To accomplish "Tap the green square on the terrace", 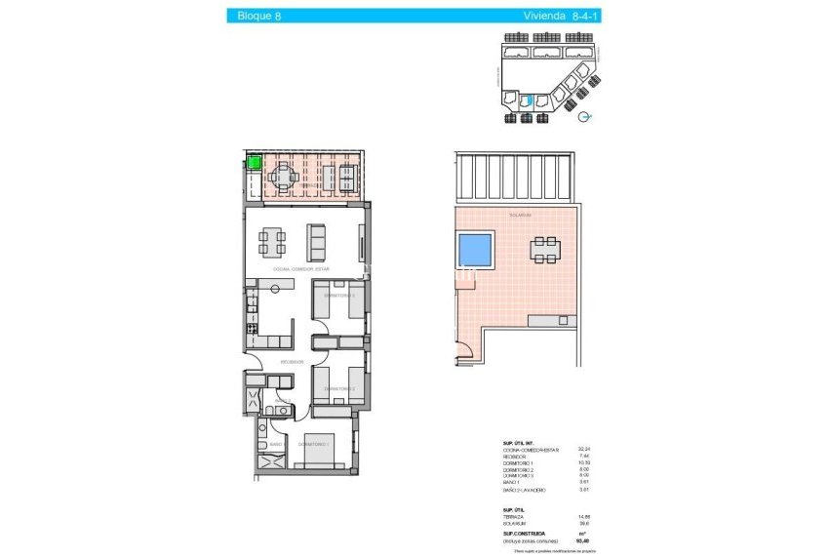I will (x=255, y=164).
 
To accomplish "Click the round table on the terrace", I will (x=284, y=178).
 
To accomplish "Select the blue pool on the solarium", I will (x=475, y=250).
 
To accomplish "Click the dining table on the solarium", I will (x=545, y=249).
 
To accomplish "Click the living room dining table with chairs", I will (x=273, y=239).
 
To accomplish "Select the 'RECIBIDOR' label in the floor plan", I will (x=292, y=362).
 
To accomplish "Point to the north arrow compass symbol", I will (x=584, y=116).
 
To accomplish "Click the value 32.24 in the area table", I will (x=583, y=449).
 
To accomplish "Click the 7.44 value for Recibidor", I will (x=584, y=456).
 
